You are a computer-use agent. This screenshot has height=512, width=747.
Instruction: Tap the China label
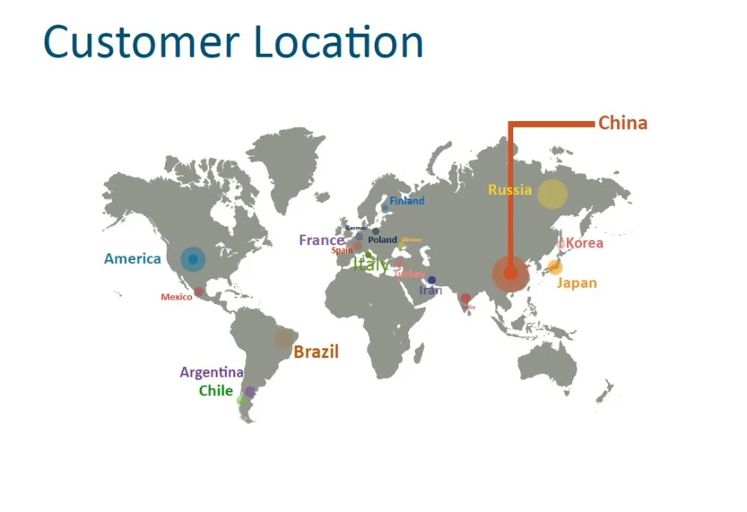[622, 123]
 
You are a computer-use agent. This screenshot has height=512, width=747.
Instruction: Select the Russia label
[509, 190]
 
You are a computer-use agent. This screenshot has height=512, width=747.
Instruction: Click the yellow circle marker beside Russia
[553, 194]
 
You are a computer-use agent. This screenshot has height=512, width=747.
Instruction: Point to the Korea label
[585, 243]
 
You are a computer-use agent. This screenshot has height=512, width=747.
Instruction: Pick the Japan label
[577, 283]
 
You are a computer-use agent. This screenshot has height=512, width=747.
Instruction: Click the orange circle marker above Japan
[555, 267]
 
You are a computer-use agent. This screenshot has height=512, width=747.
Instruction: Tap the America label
[132, 259]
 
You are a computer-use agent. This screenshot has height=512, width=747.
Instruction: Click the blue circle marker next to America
[193, 259]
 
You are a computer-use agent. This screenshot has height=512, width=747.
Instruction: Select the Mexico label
[176, 297]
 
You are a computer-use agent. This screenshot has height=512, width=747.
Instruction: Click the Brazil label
[315, 352]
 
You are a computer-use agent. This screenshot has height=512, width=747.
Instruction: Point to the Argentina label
[211, 372]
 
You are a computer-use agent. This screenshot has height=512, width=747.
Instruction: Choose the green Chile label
[216, 391]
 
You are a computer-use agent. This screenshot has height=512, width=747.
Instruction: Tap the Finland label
[406, 201]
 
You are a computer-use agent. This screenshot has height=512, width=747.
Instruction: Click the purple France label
[321, 241]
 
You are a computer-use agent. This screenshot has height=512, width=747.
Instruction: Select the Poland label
[382, 240]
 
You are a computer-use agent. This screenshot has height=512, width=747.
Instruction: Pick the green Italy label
[371, 264]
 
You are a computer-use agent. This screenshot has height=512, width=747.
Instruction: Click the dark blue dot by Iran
[432, 280]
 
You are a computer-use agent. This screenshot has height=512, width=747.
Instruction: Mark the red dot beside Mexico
[199, 292]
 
